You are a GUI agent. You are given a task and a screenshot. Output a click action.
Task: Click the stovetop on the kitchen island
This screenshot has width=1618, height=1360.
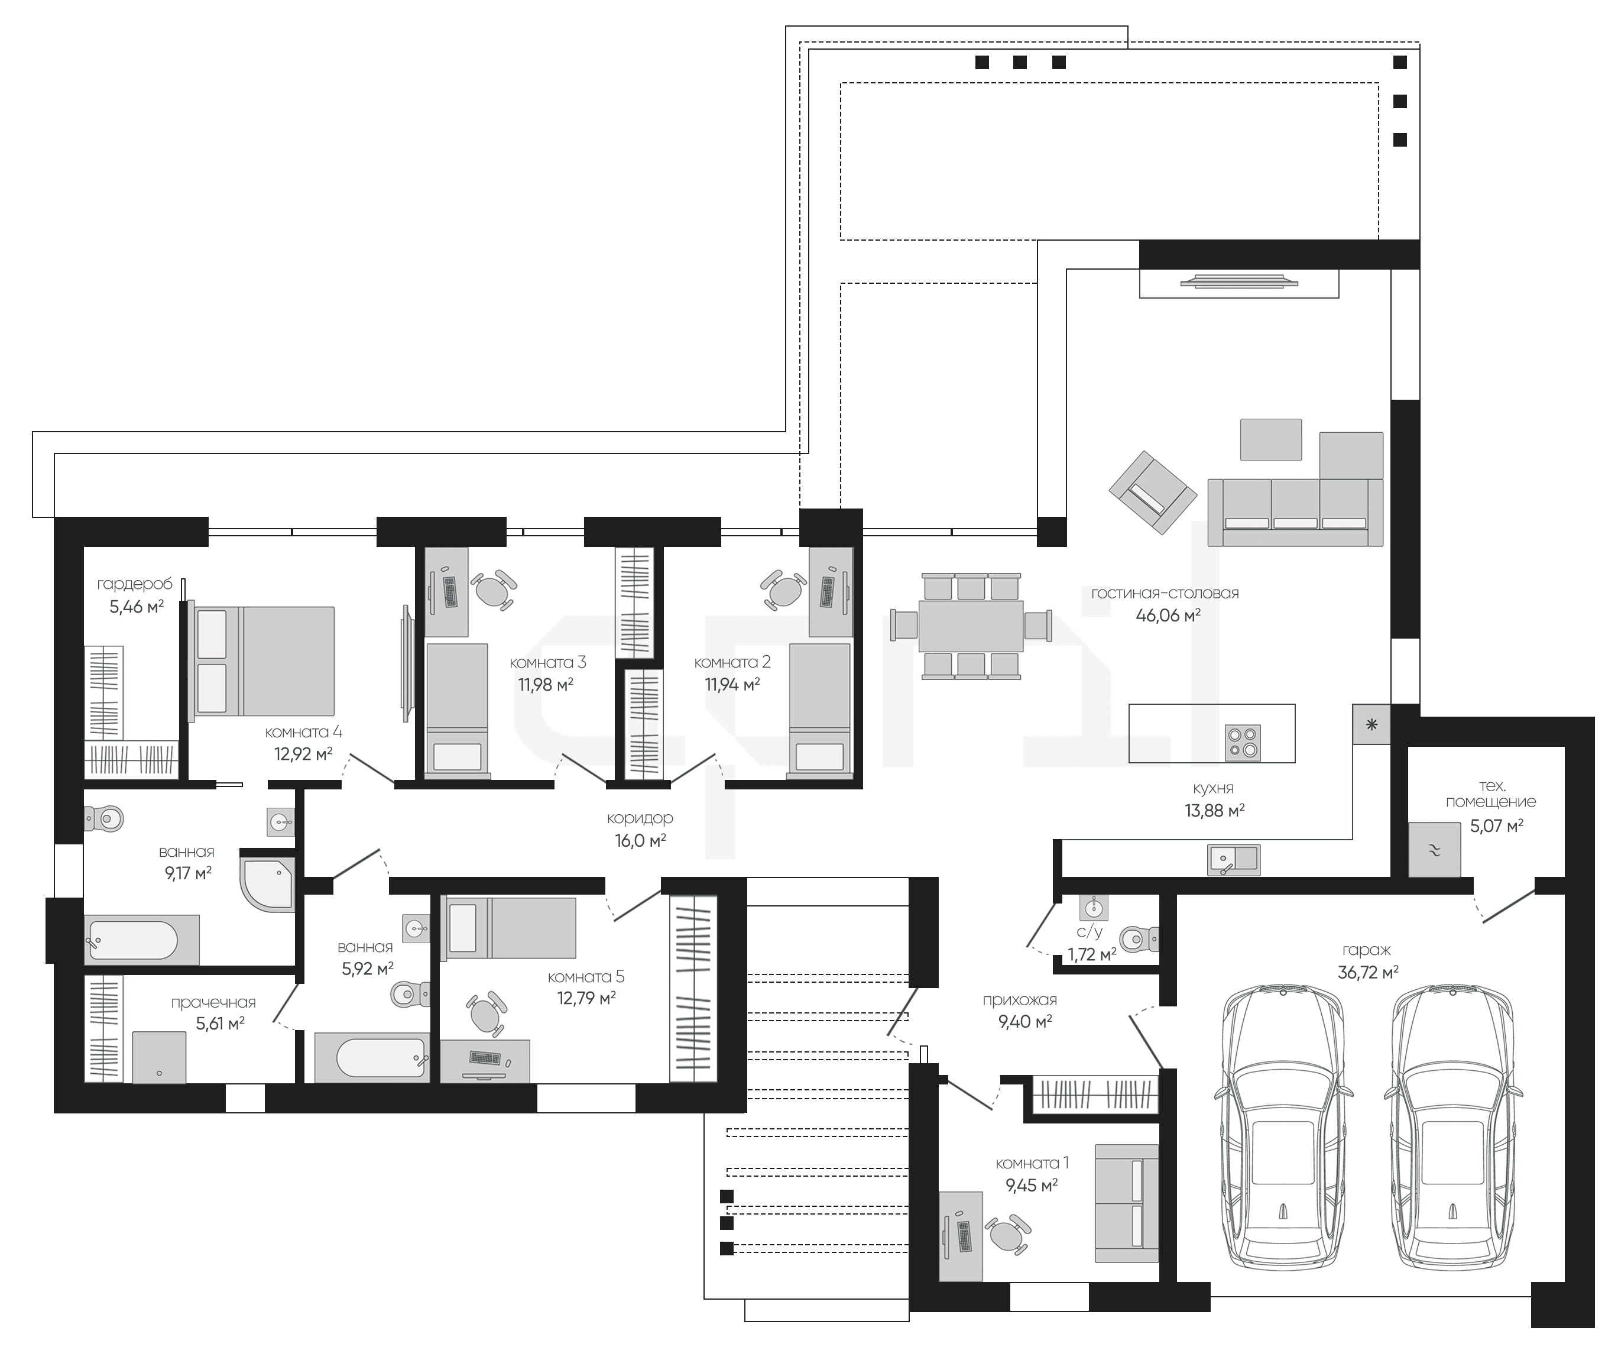(x=1243, y=741)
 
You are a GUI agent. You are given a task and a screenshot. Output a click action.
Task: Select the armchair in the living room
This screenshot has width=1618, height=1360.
(x=1152, y=493)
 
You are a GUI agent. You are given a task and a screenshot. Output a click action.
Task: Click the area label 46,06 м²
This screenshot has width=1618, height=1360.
(x=1169, y=615)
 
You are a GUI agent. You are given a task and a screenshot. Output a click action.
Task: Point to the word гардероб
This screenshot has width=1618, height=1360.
(x=135, y=584)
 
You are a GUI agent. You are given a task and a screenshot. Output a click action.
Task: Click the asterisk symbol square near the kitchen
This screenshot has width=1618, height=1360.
(x=1371, y=724)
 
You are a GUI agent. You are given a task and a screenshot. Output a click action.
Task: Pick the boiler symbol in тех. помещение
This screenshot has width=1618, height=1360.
(x=1435, y=850)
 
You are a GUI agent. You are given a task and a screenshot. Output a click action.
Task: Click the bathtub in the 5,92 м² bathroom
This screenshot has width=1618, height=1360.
(x=372, y=1057)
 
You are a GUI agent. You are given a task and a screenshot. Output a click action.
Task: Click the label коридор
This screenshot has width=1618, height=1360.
(x=640, y=818)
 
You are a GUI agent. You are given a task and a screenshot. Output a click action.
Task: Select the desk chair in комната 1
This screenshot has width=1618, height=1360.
(x=1009, y=1235)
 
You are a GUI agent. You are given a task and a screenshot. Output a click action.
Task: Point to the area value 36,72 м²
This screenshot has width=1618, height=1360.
(x=1369, y=972)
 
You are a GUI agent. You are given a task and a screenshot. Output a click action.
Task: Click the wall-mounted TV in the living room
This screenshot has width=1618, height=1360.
(x=1238, y=282)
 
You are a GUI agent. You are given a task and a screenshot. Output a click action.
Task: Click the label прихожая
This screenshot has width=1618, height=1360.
(x=1019, y=1000)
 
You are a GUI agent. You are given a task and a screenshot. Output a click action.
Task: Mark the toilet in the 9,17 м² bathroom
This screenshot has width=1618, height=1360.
(x=103, y=818)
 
